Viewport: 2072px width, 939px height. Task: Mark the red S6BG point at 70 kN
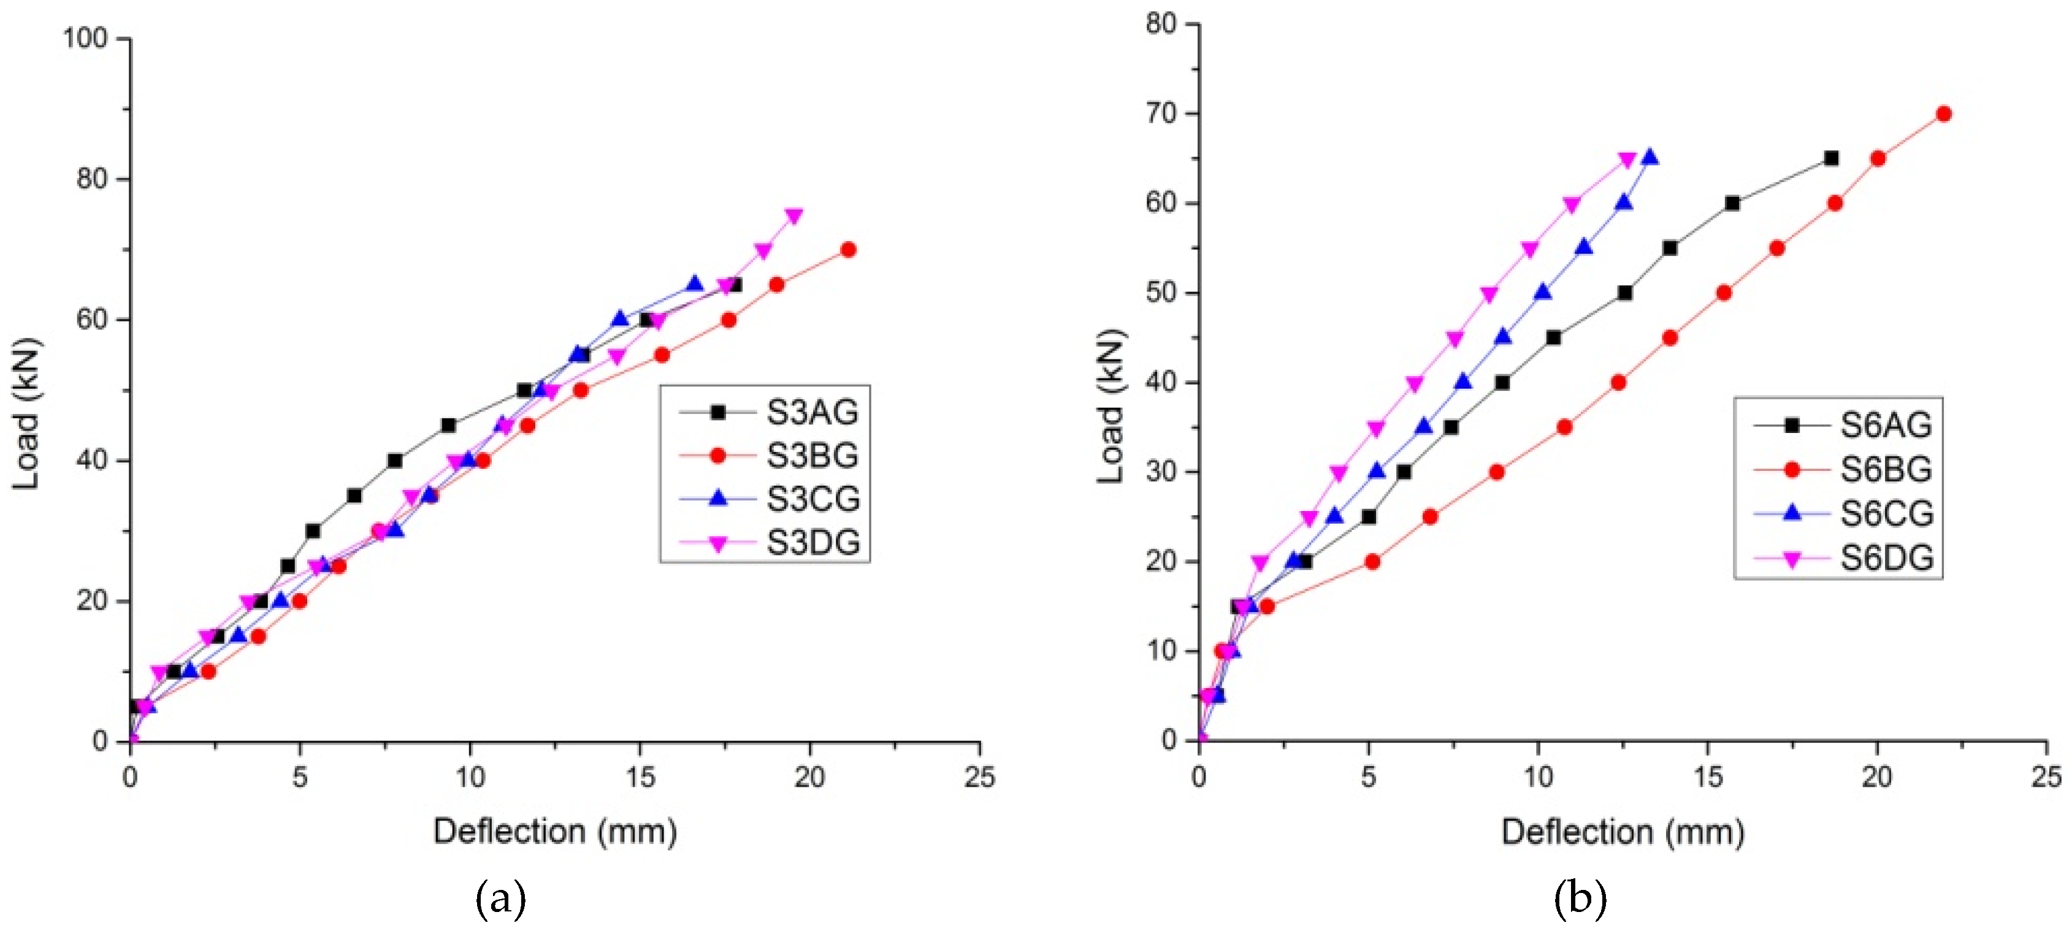1944,114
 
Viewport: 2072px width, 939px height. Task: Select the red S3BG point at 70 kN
848,250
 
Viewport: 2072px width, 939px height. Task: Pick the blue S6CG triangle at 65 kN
1650,158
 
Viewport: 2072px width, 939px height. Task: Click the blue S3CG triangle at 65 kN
695,284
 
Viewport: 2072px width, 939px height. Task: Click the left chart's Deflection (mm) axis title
555,831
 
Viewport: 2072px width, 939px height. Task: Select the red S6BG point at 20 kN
1372,562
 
